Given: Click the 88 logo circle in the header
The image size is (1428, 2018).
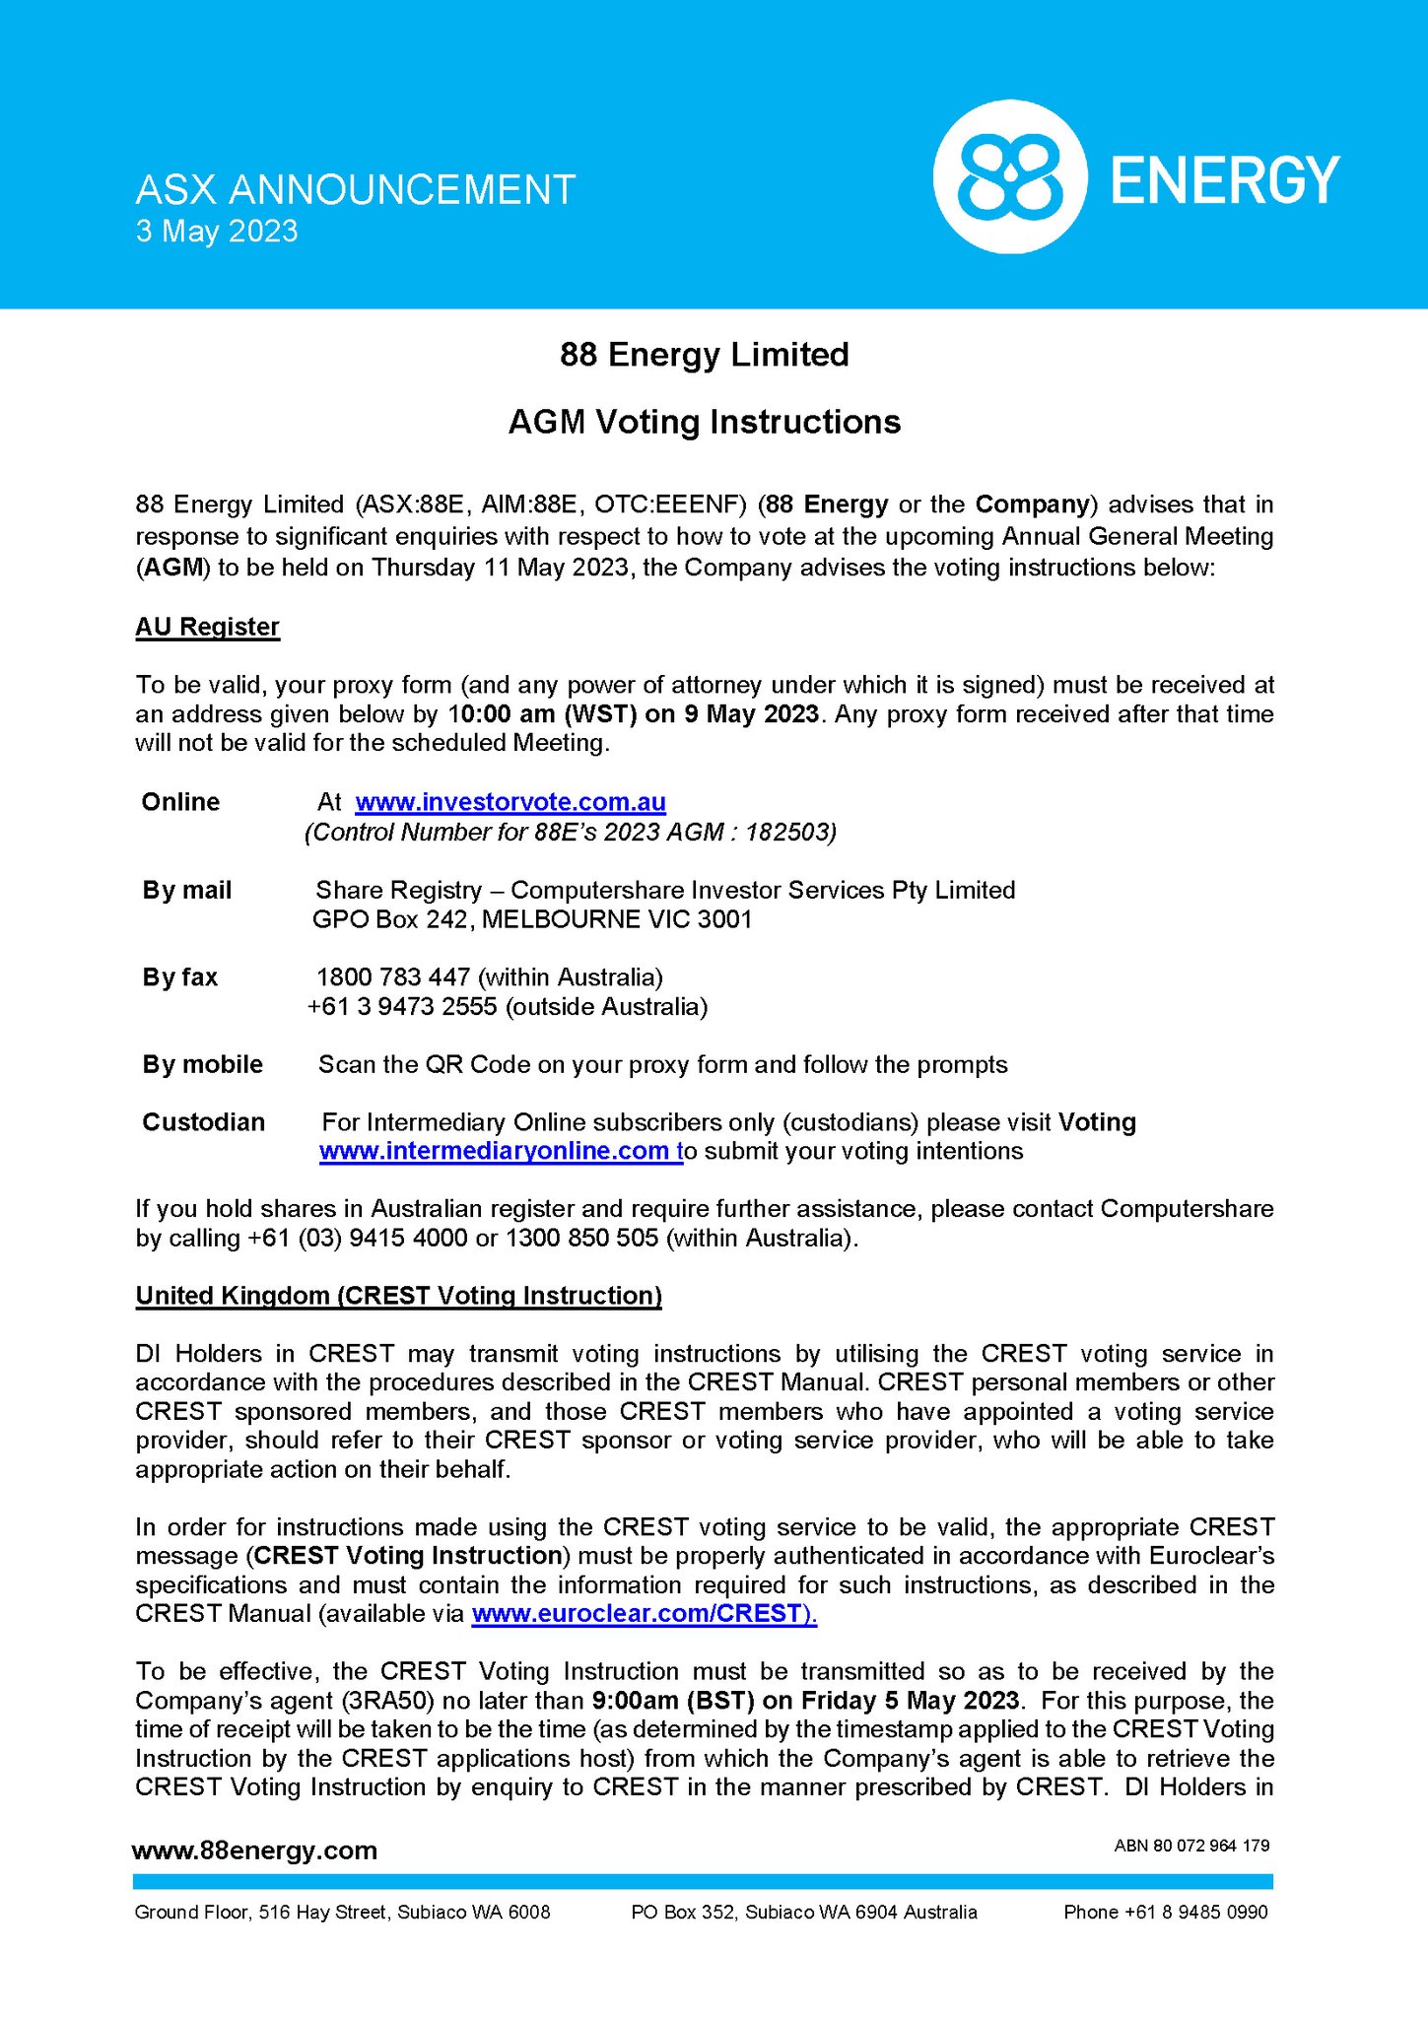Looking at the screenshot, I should [1009, 177].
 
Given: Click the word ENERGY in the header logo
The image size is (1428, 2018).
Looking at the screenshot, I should [1225, 179].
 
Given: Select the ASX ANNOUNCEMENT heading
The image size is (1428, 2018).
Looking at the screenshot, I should [355, 189].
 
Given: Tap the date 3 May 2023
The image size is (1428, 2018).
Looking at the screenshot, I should [217, 232].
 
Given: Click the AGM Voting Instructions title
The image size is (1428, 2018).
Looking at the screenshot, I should [704, 422].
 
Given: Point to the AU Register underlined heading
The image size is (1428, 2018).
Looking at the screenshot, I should [207, 627].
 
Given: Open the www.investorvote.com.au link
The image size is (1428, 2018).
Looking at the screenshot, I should [510, 802].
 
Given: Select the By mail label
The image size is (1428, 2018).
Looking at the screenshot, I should [186, 890].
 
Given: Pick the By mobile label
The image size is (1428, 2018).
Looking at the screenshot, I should [202, 1064].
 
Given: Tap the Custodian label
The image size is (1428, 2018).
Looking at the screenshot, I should [203, 1122].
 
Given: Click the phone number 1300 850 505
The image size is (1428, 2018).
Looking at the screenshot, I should [581, 1238].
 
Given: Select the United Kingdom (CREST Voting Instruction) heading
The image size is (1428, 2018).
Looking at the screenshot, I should [398, 1296].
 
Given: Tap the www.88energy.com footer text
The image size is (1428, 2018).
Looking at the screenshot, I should [254, 1850].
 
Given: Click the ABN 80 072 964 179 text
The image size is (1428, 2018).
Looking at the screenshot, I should [1191, 1846].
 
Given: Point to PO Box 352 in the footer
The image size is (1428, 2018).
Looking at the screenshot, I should [685, 1913].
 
